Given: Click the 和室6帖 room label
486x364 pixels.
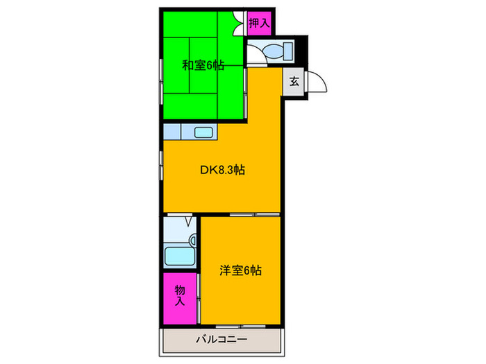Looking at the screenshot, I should [x=203, y=66].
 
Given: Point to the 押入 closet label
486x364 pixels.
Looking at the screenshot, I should [x=258, y=24].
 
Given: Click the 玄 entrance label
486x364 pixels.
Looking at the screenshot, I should [x=294, y=82].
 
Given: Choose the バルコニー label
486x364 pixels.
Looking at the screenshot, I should [x=221, y=340].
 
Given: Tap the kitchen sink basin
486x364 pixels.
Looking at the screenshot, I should [x=203, y=132].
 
